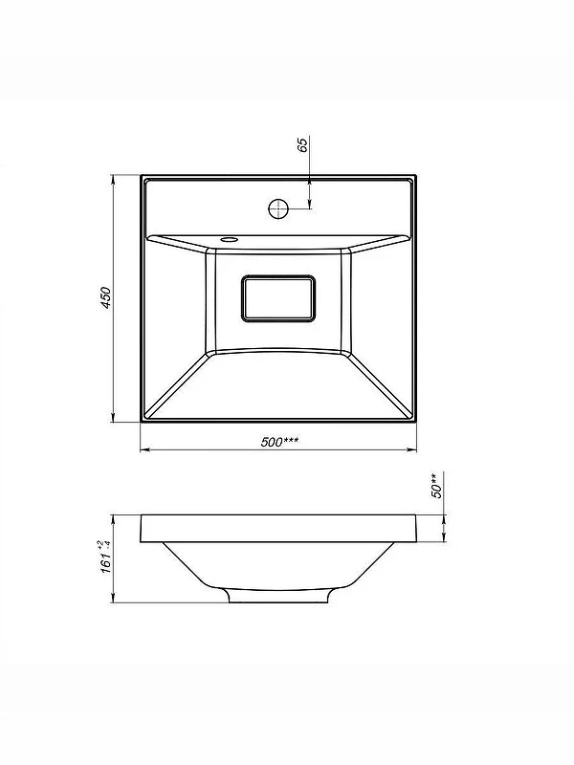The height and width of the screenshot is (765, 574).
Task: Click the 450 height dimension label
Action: (106, 297)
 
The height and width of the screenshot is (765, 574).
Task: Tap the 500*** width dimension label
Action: (279, 442)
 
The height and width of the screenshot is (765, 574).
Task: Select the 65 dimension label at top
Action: (302, 145)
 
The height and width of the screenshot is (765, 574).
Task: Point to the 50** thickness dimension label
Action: (437, 485)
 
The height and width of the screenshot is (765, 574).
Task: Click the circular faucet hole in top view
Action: (278, 208)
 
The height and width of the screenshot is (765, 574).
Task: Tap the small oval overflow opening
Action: (228, 240)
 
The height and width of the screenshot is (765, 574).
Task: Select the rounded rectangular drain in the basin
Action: (278, 298)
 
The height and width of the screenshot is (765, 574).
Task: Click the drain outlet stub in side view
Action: (279, 596)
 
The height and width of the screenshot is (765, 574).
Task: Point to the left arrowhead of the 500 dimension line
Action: (145, 449)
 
